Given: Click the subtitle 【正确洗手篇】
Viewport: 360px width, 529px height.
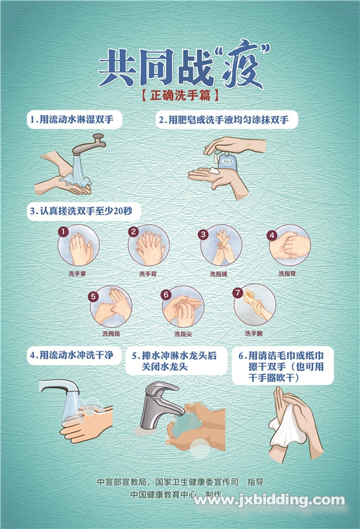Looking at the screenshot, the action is point(179,95).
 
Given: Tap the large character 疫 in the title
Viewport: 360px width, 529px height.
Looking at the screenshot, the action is point(242,67).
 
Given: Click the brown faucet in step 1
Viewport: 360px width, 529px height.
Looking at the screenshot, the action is point(89,145).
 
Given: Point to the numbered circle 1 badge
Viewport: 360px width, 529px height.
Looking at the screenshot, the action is point(63,231).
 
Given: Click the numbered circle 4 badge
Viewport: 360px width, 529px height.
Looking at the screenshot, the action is point(272,235).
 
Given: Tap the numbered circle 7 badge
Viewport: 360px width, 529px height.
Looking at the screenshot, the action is point(238,292).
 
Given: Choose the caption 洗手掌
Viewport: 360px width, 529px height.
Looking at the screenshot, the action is point(77,274).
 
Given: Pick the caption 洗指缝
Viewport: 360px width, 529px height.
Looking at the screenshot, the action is point(218,274).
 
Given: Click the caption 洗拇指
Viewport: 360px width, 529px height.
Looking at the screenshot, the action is point(111,333).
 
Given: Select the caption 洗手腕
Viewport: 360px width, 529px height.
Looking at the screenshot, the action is point(253,333).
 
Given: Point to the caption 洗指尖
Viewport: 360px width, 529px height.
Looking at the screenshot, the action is point(183,334).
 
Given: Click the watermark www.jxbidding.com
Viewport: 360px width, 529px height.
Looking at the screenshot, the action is point(269,501).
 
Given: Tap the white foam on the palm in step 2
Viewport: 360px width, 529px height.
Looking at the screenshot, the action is point(214,171).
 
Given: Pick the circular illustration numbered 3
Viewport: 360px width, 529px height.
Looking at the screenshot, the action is point(221,245).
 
